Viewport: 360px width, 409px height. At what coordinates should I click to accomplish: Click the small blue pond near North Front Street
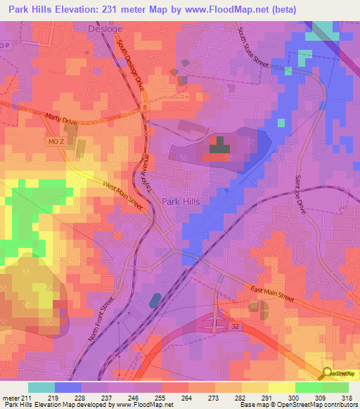pyautogui.click(x=154, y=301)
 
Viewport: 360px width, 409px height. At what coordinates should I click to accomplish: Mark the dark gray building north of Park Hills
pyautogui.click(x=220, y=145)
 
